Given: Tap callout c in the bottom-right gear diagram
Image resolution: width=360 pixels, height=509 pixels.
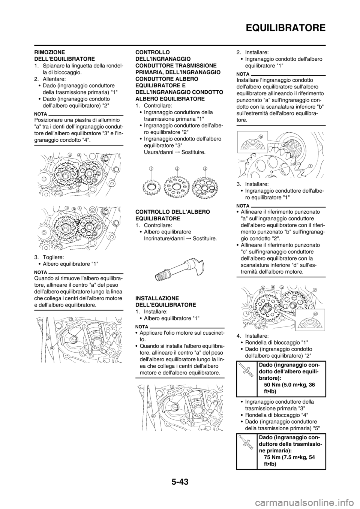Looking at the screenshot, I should pyautogui.click(x=263, y=287).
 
